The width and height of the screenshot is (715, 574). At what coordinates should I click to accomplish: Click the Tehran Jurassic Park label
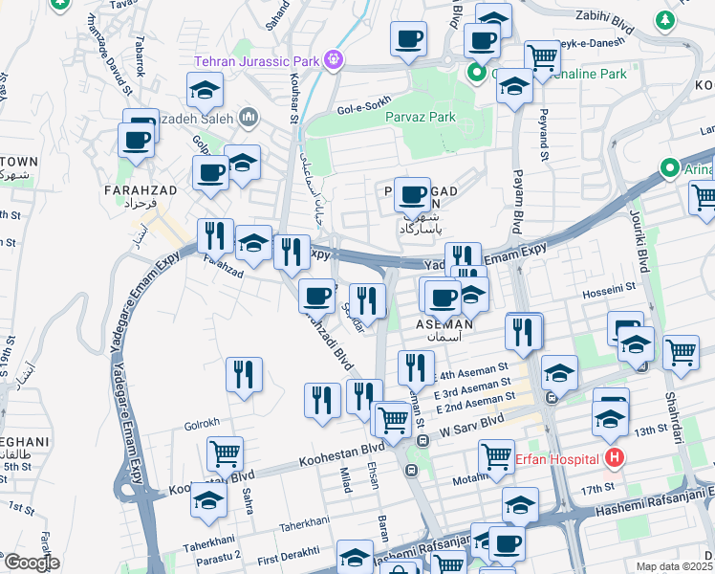coord(256,61)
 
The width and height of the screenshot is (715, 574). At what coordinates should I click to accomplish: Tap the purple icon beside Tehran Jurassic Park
coord(332,60)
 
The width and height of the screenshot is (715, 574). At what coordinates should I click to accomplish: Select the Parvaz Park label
coord(421,118)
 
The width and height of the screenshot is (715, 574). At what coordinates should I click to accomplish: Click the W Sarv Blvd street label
coord(471,424)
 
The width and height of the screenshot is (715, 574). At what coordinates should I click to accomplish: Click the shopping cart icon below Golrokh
coord(225,453)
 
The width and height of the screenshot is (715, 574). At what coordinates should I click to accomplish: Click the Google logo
coord(31,563)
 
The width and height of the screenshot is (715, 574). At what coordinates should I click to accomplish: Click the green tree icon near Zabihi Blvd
coord(663,19)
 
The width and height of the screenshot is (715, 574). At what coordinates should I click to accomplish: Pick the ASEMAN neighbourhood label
coord(444,324)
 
